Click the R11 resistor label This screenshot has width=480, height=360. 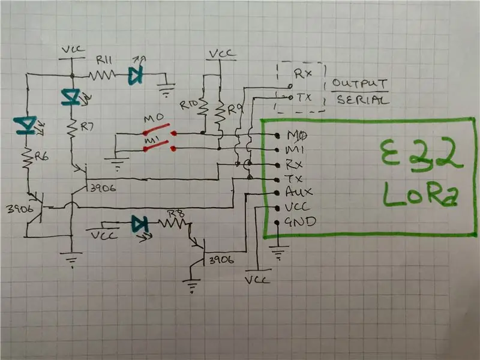pos(104,60)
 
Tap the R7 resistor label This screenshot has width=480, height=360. pos(87,126)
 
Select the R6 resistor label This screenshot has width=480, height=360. pos(41,157)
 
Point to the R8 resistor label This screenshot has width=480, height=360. pos(176,213)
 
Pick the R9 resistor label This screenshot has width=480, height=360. pos(235,109)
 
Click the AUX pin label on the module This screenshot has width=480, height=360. pos(298,191)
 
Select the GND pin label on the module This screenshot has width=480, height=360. pos(300,221)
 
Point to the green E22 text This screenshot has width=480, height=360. pos(421,155)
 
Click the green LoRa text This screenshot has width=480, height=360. pos(421,194)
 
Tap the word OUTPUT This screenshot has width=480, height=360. pos(359,83)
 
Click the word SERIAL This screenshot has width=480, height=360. pos(363,100)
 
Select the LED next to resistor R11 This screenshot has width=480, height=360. pos(136,74)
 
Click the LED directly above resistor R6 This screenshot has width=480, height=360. pos(26,125)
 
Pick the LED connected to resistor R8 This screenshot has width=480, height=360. pos(140,224)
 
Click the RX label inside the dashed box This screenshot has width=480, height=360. pos(303,73)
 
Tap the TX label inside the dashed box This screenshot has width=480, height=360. pos(304,97)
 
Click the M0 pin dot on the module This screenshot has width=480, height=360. pos(277,136)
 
